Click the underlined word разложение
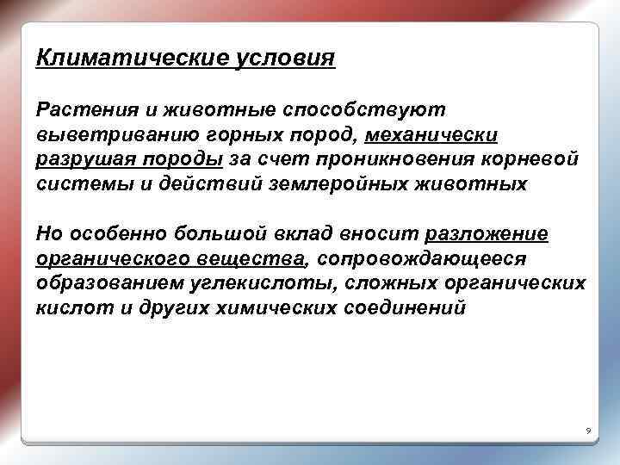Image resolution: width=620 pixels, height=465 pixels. (x=486, y=234)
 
